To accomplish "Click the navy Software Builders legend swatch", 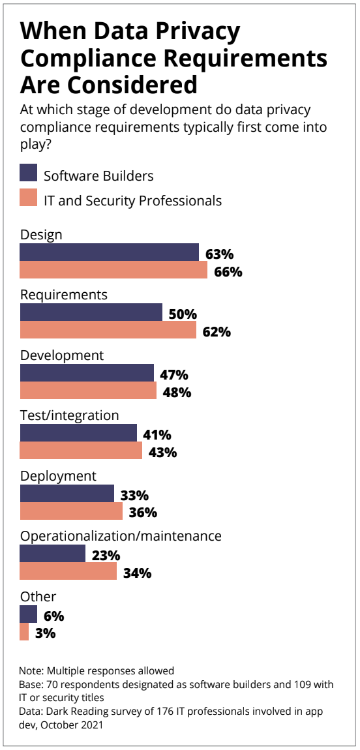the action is pyautogui.click(x=28, y=173).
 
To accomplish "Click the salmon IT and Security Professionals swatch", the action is pyautogui.click(x=28, y=198).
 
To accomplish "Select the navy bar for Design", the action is pyautogui.click(x=109, y=252).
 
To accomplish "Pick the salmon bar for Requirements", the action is pyautogui.click(x=108, y=329).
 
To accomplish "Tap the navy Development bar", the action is pyautogui.click(x=87, y=372).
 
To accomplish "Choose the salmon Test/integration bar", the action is pyautogui.click(x=81, y=451).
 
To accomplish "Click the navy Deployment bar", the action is pyautogui.click(x=67, y=493).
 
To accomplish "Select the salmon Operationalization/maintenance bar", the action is pyautogui.click(x=68, y=571).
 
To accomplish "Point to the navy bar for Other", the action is pyautogui.click(x=28, y=614).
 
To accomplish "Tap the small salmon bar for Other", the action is pyautogui.click(x=24, y=632).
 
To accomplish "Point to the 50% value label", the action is pyautogui.click(x=183, y=315).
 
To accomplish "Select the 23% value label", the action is pyautogui.click(x=106, y=556).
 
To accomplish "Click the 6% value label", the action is pyautogui.click(x=53, y=616).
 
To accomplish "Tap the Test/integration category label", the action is pyautogui.click(x=69, y=415).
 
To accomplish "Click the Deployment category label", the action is pyautogui.click(x=58, y=477).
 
